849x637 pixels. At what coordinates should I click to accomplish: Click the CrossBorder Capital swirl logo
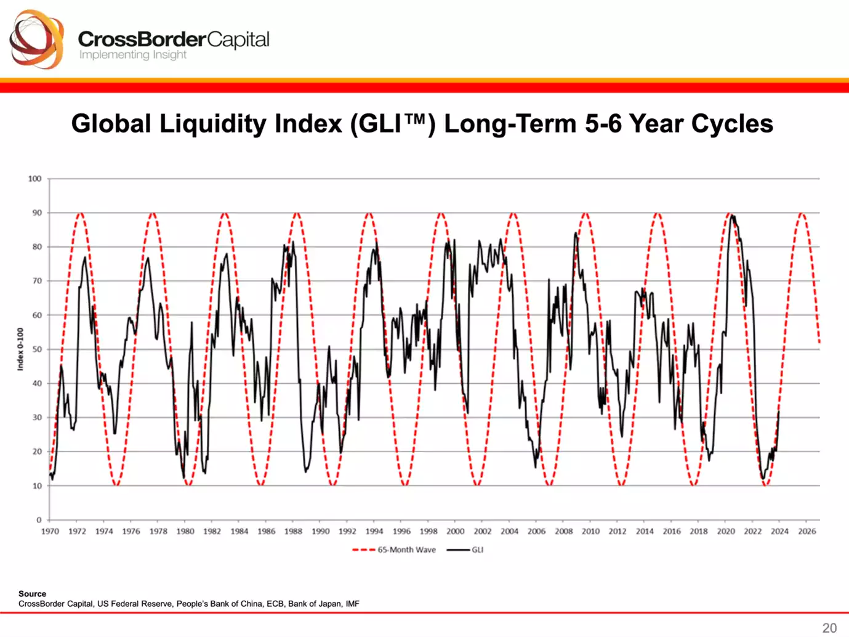[x=36, y=39]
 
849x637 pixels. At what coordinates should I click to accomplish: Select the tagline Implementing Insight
[x=132, y=55]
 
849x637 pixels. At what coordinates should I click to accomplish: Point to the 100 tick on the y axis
[x=34, y=179]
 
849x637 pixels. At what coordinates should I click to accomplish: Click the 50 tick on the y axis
[x=37, y=349]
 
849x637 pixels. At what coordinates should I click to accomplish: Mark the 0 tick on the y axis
[x=39, y=520]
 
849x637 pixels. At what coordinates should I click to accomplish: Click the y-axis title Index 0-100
[x=20, y=349]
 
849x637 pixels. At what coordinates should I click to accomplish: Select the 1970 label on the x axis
[x=50, y=531]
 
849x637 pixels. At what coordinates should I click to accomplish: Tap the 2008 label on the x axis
[x=563, y=531]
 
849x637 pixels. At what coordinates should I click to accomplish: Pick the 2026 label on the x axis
[x=807, y=531]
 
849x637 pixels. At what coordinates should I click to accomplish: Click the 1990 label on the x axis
[x=320, y=531]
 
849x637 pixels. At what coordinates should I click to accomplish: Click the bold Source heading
[x=32, y=594]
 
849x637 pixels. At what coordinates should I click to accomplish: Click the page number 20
[x=829, y=628]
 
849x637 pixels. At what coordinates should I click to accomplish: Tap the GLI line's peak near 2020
[x=731, y=215]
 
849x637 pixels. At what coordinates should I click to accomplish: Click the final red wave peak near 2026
[x=801, y=213]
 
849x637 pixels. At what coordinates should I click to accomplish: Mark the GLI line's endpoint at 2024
[x=779, y=411]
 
